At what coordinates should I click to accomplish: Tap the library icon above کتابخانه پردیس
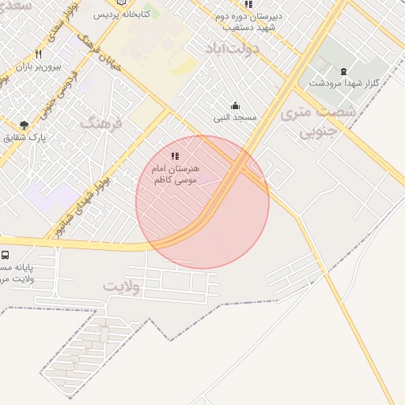tap(121, 2)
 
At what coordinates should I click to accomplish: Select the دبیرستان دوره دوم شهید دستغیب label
tap(252, 21)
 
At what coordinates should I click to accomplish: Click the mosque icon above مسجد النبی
tap(235, 105)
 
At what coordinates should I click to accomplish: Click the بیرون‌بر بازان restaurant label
tap(38, 66)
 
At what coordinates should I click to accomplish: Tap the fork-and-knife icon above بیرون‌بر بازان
tap(38, 55)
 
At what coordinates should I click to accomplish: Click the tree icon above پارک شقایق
tap(25, 124)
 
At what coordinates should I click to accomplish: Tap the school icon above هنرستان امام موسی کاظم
tap(175, 157)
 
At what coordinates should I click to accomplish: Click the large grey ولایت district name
tap(120, 286)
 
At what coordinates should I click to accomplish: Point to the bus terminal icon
tap(6, 255)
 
